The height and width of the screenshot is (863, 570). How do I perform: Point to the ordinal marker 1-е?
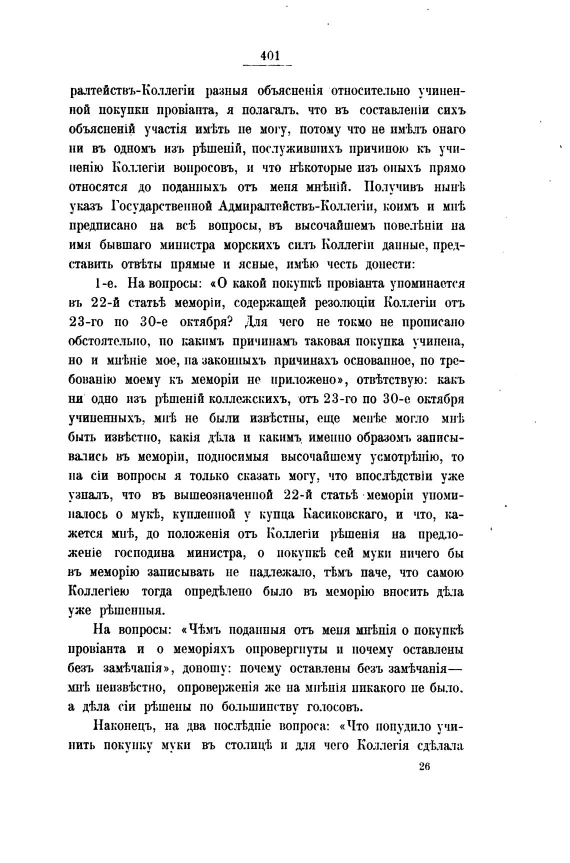105,283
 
